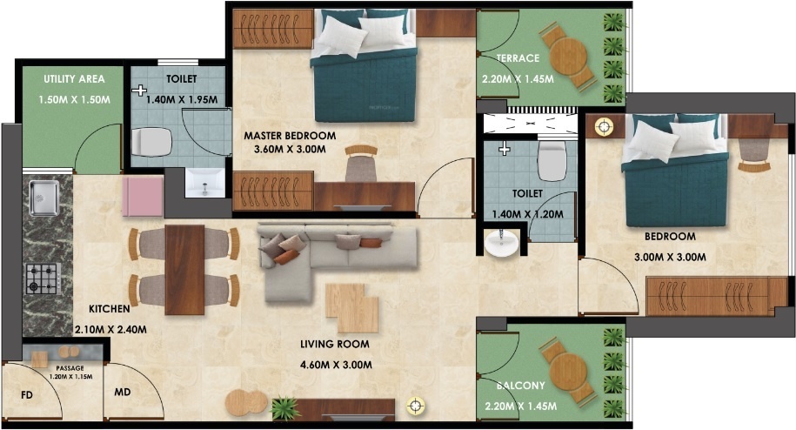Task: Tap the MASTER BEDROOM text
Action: point(289,136)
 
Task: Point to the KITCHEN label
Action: point(110,309)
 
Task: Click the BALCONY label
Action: point(521,386)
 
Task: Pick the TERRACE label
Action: point(518,58)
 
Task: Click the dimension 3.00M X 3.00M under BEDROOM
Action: point(669,257)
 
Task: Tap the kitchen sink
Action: point(43,198)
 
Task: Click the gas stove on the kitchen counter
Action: point(41,279)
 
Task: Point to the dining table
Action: point(184,269)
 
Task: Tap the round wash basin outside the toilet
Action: point(501,245)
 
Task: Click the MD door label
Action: point(123,392)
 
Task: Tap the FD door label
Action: point(28,395)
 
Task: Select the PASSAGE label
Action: point(70,368)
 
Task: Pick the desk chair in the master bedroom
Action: point(360,163)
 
